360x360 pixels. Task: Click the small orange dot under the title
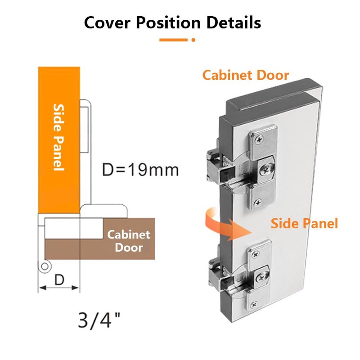pos(193,40)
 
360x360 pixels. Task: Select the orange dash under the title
pos(173,40)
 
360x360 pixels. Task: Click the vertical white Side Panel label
pos(58,137)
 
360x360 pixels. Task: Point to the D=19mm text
pos(140,170)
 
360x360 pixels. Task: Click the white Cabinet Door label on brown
pos(128,241)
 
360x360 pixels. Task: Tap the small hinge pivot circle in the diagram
pos(44,267)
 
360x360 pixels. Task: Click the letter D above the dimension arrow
pos(59,279)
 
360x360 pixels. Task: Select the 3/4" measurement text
pos(100,319)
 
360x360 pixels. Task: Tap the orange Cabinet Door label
pos(245,75)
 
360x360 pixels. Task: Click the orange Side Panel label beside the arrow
pos(304,223)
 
